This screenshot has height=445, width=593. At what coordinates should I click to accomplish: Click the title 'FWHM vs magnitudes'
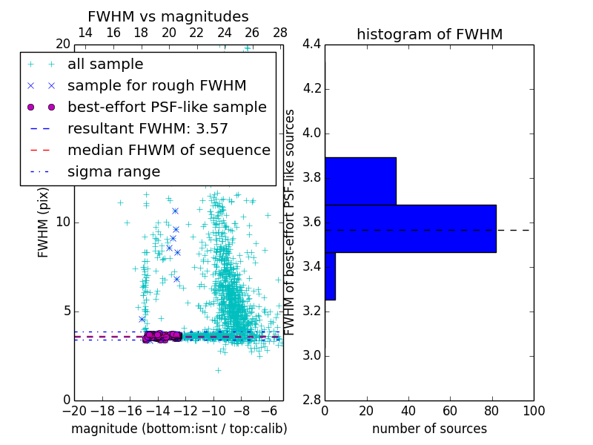[x=168, y=16]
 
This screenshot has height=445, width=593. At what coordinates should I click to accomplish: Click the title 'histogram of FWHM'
[x=429, y=34]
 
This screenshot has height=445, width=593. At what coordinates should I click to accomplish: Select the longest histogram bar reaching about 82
[x=410, y=228]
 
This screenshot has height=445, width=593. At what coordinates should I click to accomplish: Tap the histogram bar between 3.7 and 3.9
[x=360, y=181]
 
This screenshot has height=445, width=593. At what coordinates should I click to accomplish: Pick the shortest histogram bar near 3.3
[x=330, y=276]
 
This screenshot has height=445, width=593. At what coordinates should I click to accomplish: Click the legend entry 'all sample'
[x=105, y=65]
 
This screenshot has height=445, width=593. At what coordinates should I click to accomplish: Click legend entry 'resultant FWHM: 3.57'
[x=148, y=128]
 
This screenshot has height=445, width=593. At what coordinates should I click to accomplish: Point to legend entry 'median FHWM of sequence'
[x=168, y=150]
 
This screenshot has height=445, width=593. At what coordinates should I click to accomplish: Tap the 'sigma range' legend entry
[x=113, y=171]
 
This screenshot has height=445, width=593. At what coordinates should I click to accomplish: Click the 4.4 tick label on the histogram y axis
[x=312, y=44]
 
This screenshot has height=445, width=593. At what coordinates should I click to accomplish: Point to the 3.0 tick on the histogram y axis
[x=312, y=355]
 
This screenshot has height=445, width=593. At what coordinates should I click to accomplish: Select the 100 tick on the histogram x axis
[x=533, y=411]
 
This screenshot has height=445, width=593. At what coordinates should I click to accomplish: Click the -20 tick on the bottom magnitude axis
[x=74, y=411]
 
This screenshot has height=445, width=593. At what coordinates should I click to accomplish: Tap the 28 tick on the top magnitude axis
[x=280, y=33]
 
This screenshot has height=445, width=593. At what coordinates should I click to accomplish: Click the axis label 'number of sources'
[x=429, y=429]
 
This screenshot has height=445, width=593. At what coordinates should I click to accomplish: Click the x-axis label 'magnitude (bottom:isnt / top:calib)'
[x=179, y=429]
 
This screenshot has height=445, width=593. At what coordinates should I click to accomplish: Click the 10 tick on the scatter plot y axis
[x=63, y=222]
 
